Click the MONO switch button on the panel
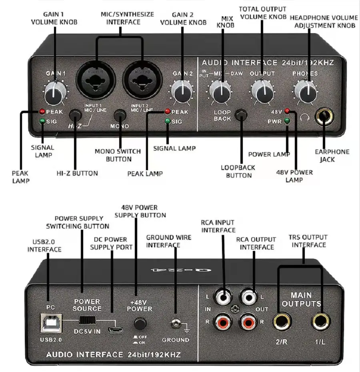tap(119, 115)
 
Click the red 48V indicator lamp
tap(287, 111)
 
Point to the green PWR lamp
tap(287, 121)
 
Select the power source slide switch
tap(87, 320)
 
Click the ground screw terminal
tap(174, 323)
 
